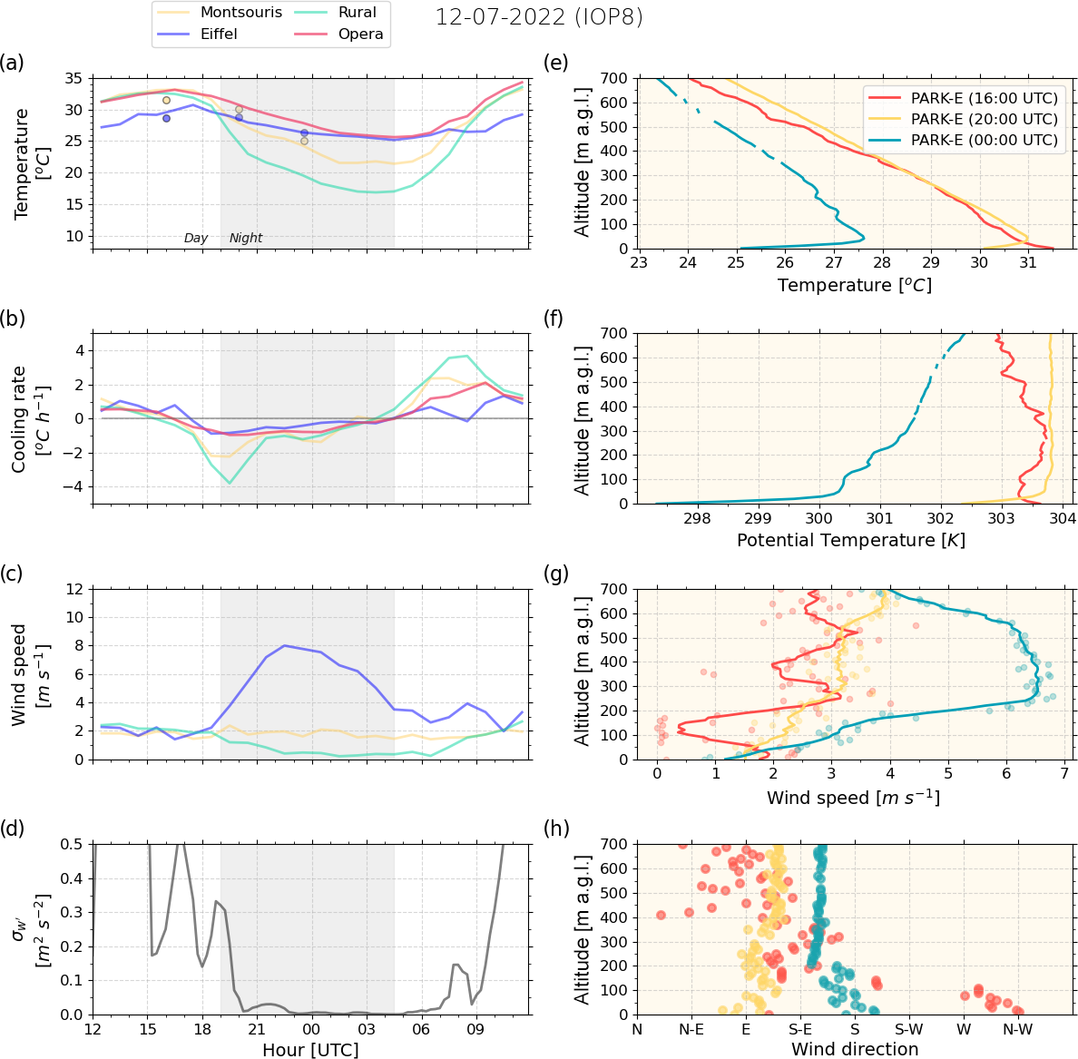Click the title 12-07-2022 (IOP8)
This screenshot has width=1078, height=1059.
[539, 17]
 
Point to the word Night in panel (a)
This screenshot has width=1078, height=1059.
[246, 238]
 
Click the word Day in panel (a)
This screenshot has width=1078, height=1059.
[196, 238]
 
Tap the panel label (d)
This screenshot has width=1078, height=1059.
[13, 828]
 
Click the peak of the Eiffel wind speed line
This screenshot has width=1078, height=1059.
[284, 645]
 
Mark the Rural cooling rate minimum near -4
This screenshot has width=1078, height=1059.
[230, 483]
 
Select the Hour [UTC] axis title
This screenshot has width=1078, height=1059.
[310, 1050]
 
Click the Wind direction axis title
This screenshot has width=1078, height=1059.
[855, 1049]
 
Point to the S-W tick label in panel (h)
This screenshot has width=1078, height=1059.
[909, 1030]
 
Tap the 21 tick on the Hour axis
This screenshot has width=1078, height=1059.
[257, 1030]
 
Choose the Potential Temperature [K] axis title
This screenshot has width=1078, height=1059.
[850, 540]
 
